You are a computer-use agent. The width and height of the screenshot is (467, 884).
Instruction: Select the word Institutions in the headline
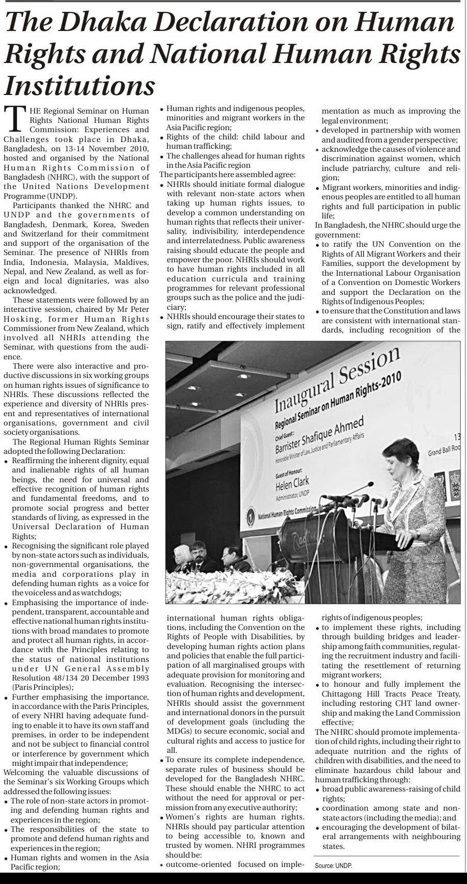coord(80,85)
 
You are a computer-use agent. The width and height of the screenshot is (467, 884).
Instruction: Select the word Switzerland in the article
coord(29,234)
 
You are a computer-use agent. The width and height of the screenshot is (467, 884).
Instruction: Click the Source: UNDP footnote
coord(333,866)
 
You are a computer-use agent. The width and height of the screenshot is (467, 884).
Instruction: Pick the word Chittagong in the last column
coord(342,694)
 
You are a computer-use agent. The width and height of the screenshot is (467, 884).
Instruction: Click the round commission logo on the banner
coord(252,515)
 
